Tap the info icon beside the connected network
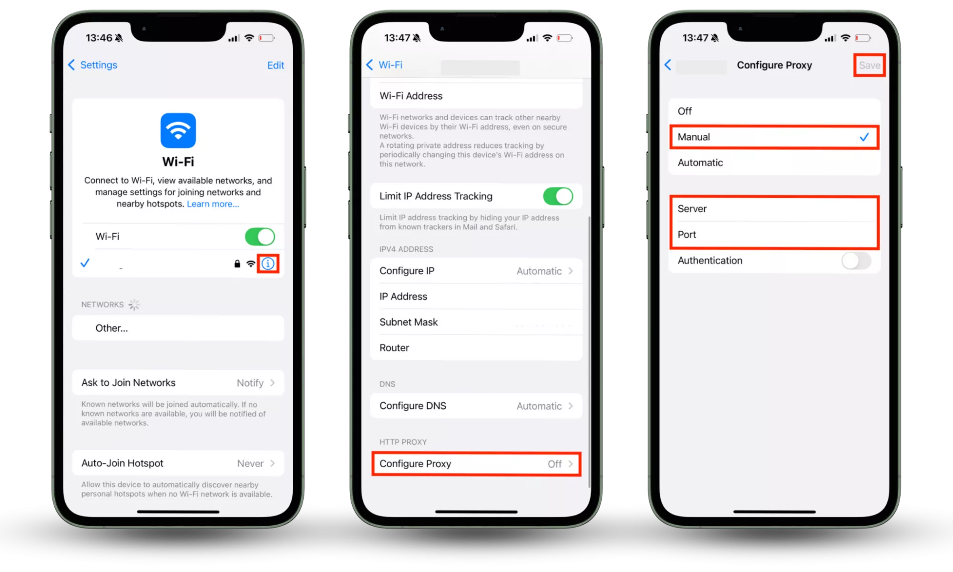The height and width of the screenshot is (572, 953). click(x=268, y=264)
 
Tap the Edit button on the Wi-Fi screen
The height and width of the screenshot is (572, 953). click(x=276, y=65)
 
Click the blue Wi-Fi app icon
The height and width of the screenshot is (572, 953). click(x=178, y=130)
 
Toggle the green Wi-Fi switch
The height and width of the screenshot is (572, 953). click(x=260, y=236)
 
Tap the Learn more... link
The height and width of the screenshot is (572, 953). click(x=213, y=204)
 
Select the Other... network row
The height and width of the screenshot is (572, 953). click(x=178, y=328)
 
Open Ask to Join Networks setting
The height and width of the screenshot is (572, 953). click(x=178, y=383)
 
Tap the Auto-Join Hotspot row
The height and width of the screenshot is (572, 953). click(x=178, y=463)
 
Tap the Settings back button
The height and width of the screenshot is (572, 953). click(x=93, y=65)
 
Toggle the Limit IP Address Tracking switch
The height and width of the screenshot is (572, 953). click(x=558, y=196)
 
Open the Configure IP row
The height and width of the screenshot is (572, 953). click(x=476, y=271)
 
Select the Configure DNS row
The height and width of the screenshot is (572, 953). click(x=476, y=406)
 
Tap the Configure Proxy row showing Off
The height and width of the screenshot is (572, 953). click(x=476, y=464)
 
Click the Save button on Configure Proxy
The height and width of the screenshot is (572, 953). click(x=870, y=65)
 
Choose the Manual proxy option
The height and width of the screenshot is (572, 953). click(x=774, y=137)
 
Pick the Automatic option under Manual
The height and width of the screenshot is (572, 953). click(x=774, y=163)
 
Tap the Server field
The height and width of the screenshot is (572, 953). click(x=774, y=209)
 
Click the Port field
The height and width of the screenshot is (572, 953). click(x=774, y=235)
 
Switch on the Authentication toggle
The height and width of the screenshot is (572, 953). click(x=856, y=261)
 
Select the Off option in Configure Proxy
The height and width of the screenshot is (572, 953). click(x=774, y=111)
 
